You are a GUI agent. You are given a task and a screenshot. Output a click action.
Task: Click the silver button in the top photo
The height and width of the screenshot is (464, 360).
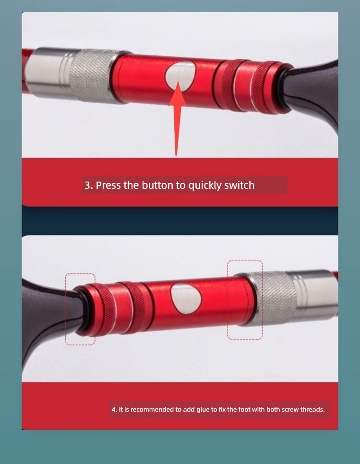180,76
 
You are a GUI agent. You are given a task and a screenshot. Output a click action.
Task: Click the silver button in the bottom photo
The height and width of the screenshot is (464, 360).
186,299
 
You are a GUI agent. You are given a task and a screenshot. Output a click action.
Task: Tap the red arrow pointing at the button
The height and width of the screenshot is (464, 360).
177,118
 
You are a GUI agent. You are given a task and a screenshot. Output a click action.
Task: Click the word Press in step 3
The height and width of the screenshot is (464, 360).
108,185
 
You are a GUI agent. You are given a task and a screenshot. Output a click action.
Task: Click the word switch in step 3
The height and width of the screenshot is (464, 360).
240,185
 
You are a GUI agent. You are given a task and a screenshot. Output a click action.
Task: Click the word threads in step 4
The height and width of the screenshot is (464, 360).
312,410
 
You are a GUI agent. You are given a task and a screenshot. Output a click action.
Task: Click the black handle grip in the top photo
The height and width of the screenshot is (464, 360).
313,92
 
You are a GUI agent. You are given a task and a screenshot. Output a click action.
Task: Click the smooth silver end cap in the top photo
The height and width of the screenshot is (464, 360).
49,72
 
